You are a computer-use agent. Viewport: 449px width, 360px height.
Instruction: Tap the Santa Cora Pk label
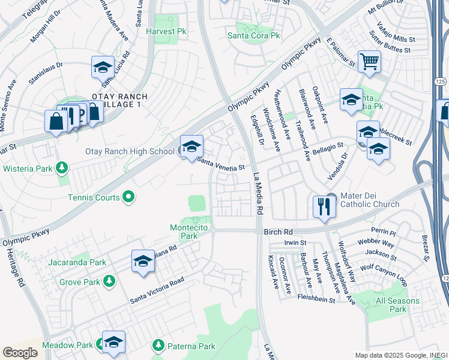254,35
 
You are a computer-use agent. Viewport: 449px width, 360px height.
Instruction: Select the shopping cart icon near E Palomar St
369,61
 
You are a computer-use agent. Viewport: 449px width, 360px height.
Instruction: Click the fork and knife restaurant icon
324,207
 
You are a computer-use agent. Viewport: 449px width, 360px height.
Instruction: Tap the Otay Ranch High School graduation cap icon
191,146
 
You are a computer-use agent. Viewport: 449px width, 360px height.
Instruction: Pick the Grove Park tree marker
109,280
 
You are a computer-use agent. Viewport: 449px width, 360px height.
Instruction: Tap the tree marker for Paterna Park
158,345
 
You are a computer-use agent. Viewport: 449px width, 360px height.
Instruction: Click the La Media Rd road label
258,195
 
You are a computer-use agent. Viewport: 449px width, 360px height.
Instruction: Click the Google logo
20,352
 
